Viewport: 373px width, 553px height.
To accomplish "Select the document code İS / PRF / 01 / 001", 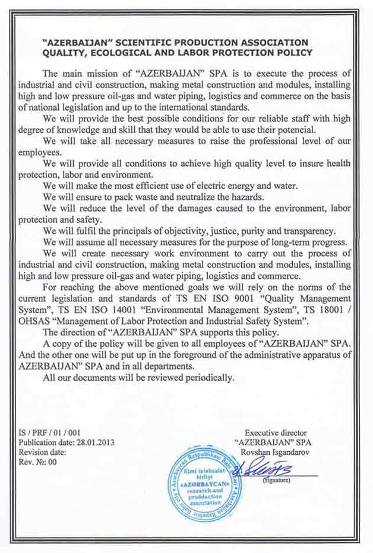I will [49, 433].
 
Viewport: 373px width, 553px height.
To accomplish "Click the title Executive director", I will [276, 433].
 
